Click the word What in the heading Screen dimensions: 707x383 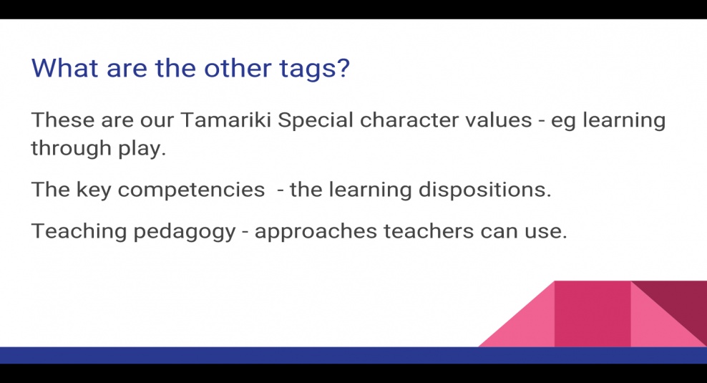click(x=65, y=68)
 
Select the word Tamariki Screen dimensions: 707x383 click(x=225, y=120)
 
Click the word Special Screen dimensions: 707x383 click(x=315, y=121)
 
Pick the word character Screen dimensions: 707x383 click(x=409, y=120)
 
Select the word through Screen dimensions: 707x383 click(x=72, y=149)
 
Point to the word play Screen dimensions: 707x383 click(x=142, y=149)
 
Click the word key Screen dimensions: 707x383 click(x=93, y=190)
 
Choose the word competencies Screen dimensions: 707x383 click(x=191, y=190)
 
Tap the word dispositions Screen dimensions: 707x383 click(x=484, y=190)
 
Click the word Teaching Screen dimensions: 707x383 click(x=79, y=232)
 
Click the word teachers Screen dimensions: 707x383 click(x=429, y=231)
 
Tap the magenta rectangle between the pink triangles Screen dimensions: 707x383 click(x=593, y=314)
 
